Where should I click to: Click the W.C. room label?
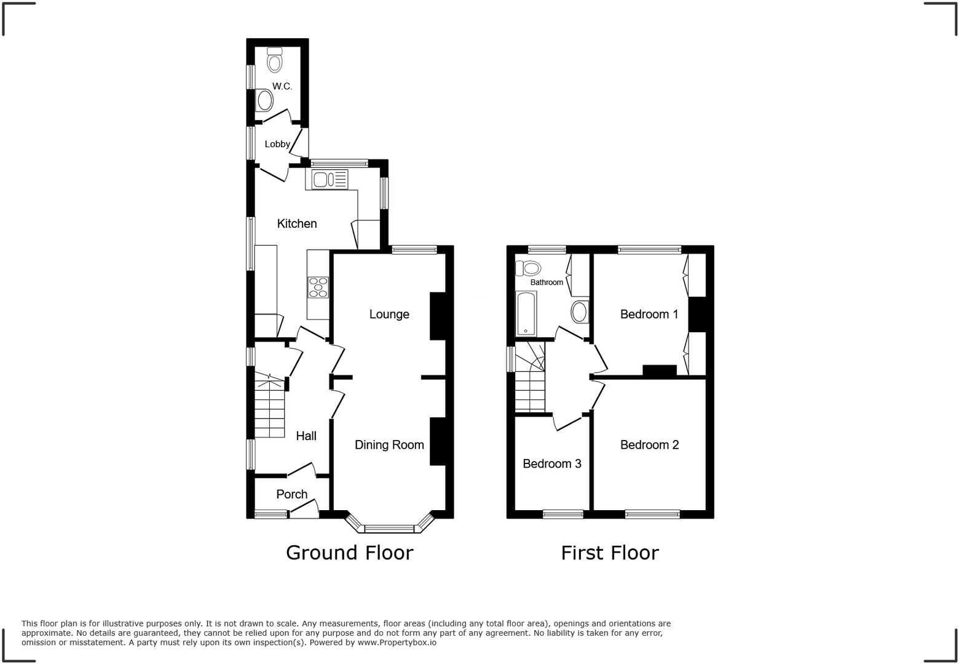point(282,86)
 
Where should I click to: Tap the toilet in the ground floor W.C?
point(274,60)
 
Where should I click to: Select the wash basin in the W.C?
point(264,100)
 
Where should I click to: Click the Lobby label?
point(277,144)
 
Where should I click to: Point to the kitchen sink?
point(330,179)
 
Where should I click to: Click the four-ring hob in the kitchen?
point(318,287)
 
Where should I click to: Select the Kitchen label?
point(297,223)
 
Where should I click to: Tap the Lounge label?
point(389,314)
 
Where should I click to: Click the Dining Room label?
point(389,445)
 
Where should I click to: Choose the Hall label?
point(306,436)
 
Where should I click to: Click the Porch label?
point(291,494)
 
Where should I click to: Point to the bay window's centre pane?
point(389,528)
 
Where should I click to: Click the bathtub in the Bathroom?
point(526,314)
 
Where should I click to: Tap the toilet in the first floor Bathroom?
point(529,268)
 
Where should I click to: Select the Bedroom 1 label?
point(649,314)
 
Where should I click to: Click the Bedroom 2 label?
point(649,445)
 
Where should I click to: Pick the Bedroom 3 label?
point(551,464)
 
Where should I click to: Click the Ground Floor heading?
point(349,553)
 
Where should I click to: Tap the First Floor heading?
point(609,553)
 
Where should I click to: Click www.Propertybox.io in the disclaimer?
point(397,642)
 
